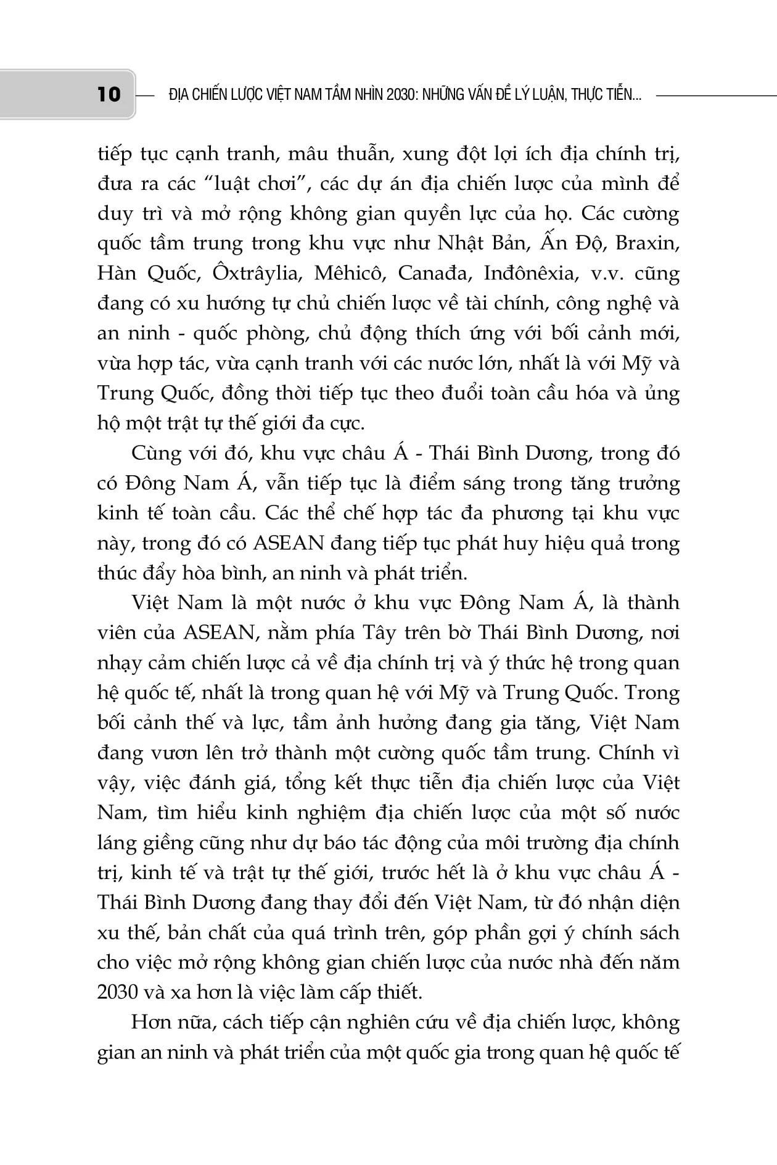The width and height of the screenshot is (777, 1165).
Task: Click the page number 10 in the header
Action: (x=109, y=94)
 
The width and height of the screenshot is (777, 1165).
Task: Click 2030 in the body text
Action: (x=117, y=992)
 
